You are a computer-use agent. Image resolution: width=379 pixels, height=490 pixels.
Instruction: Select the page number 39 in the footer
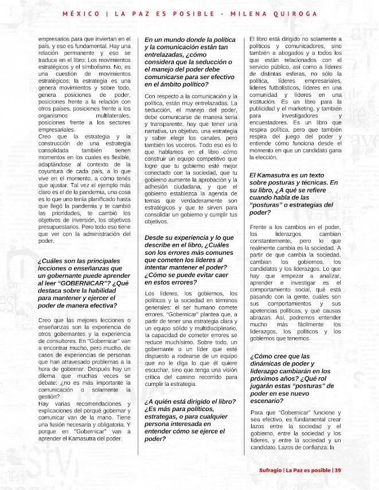click(x=338, y=470)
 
